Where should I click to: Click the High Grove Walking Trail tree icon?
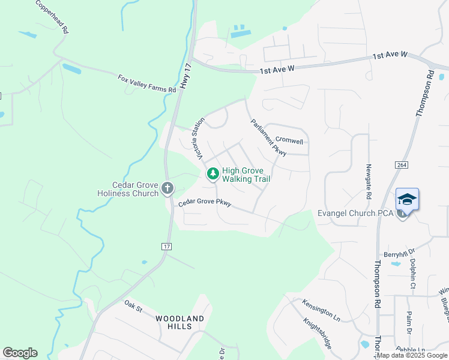pos(212,174)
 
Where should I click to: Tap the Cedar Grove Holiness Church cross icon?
pos(167,189)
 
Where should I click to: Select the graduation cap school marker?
pos(407,199)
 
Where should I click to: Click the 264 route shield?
pos(402,164)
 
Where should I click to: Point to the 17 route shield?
pos(167,247)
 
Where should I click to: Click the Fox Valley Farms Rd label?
pos(147,83)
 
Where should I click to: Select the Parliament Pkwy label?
pos(268,136)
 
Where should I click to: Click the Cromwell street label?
pos(289,142)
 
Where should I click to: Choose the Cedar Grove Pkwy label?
pos(205,204)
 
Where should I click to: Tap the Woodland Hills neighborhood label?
pos(180,322)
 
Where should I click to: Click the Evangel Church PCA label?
pos(355,214)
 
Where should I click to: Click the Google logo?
pos(20,353)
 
